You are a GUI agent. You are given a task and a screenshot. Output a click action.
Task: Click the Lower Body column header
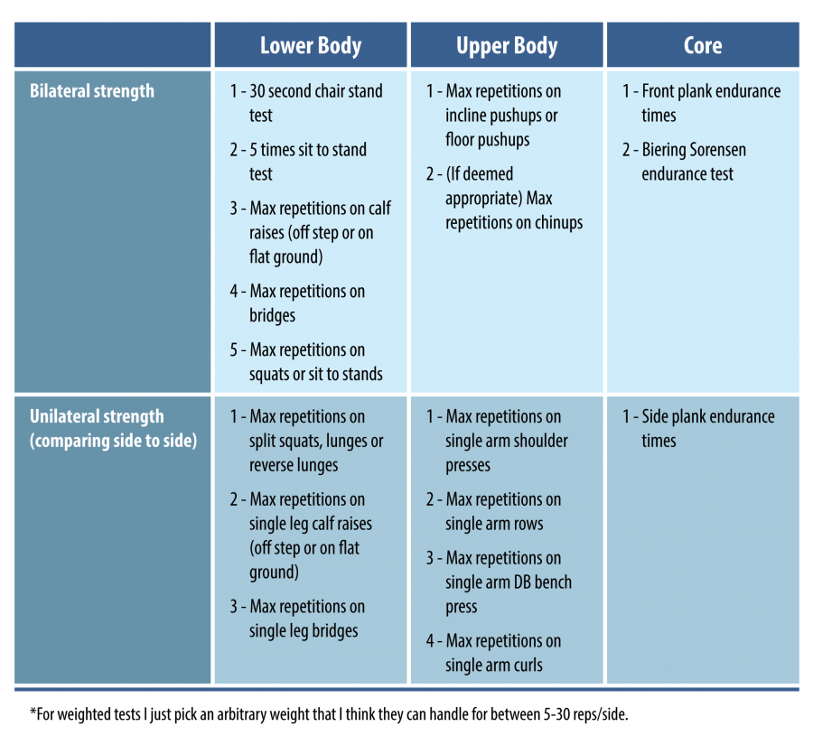[x=311, y=46]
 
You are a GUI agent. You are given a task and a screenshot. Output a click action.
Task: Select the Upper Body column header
[x=507, y=46]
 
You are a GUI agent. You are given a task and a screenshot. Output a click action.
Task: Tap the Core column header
[x=703, y=46]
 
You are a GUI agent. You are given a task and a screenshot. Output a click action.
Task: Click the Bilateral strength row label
[x=92, y=91]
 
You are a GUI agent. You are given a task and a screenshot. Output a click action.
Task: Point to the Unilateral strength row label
[x=113, y=428]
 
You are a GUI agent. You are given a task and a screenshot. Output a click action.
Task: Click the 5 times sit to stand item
[x=298, y=162]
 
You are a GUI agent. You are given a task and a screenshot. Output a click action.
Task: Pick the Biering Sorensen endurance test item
[x=684, y=162]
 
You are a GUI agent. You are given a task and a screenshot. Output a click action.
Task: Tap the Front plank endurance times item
[x=702, y=103]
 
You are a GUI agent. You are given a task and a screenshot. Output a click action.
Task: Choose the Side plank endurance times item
[x=698, y=428]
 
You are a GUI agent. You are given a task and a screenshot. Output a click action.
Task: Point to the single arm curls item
[x=493, y=653]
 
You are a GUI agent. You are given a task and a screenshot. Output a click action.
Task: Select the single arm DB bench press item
[x=499, y=582]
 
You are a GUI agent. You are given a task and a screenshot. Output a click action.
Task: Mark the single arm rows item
[x=493, y=512]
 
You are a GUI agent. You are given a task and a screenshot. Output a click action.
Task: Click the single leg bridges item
[x=297, y=619]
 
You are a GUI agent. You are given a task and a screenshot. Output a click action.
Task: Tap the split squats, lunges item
[x=306, y=442]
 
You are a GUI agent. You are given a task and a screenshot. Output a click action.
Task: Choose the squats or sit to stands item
[x=306, y=362]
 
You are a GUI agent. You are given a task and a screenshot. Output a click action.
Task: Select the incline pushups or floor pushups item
[x=493, y=116]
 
